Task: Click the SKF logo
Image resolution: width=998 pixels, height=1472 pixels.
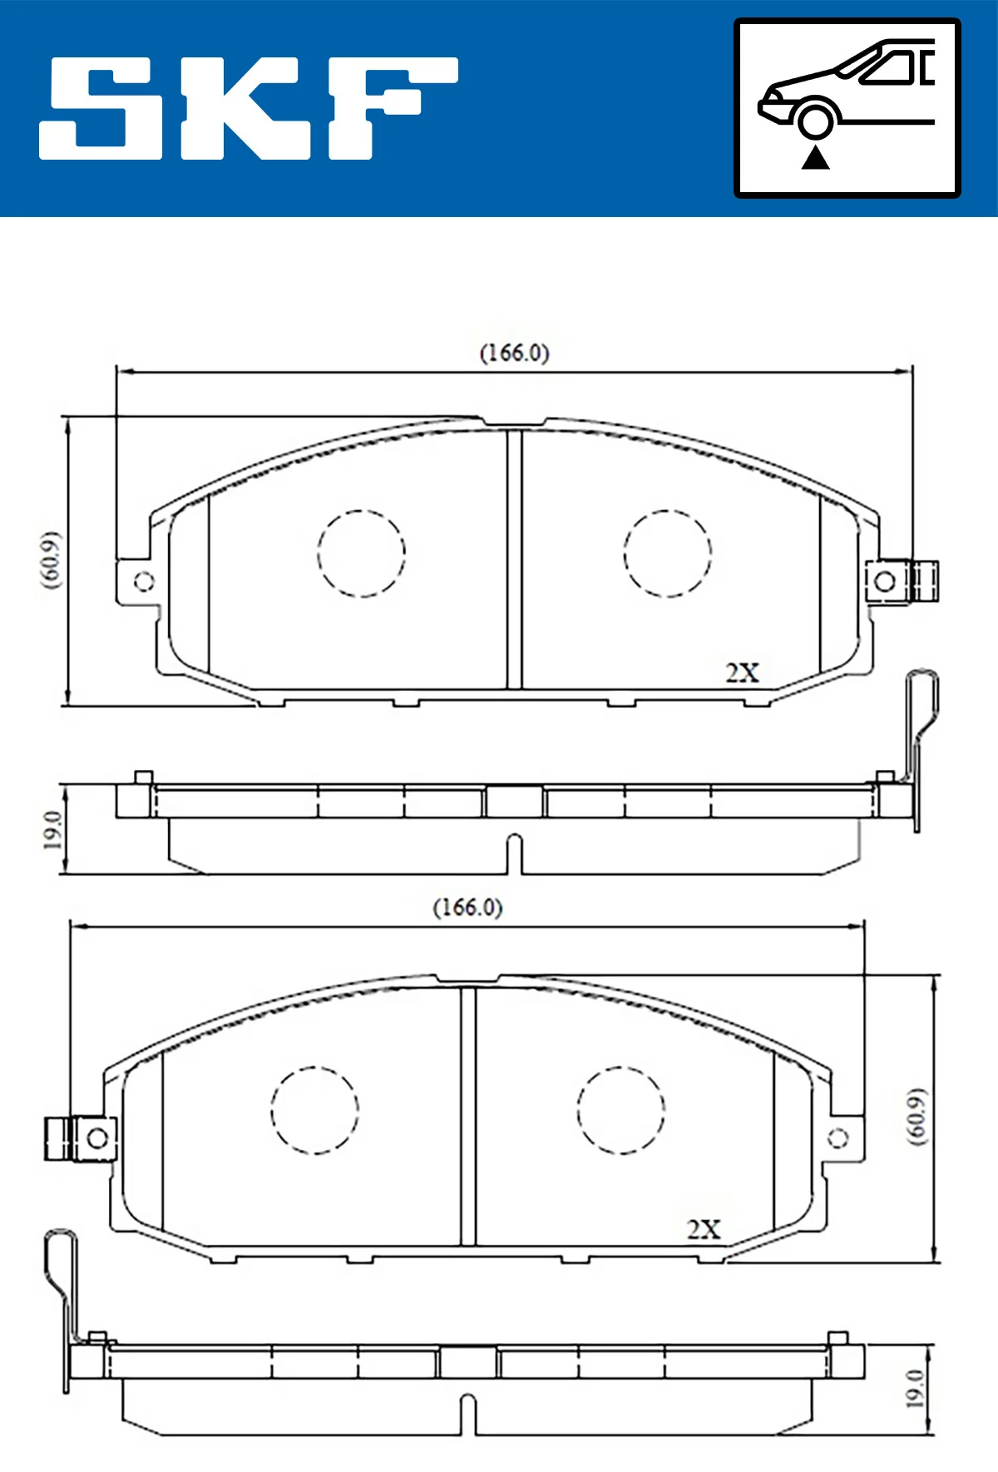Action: click(248, 108)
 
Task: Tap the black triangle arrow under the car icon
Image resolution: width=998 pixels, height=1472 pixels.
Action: click(815, 157)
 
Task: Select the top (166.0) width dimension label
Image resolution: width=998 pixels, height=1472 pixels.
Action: click(514, 353)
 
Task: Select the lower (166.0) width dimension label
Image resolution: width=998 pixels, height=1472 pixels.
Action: click(467, 907)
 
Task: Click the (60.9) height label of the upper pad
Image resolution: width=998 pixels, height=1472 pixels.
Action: click(52, 560)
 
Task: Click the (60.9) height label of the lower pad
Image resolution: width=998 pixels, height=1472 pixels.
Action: click(916, 1116)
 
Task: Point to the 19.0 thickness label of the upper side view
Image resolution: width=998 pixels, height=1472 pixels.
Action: click(52, 829)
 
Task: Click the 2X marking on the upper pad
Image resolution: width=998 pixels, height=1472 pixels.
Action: click(742, 672)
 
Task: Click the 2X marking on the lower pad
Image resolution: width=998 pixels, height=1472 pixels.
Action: click(704, 1229)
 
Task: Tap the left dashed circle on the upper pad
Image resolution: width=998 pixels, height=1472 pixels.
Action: click(361, 553)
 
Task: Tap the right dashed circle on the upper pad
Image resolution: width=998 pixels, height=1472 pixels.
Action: click(667, 553)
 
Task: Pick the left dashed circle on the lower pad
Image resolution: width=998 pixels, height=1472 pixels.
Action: click(314, 1109)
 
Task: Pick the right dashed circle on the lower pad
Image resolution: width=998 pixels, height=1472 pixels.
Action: click(620, 1109)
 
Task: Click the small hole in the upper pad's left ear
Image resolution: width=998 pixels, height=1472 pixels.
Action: click(144, 580)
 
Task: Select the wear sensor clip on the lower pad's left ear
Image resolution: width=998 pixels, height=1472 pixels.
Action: click(57, 1138)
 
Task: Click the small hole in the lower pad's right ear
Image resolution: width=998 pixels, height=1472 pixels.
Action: click(838, 1138)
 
